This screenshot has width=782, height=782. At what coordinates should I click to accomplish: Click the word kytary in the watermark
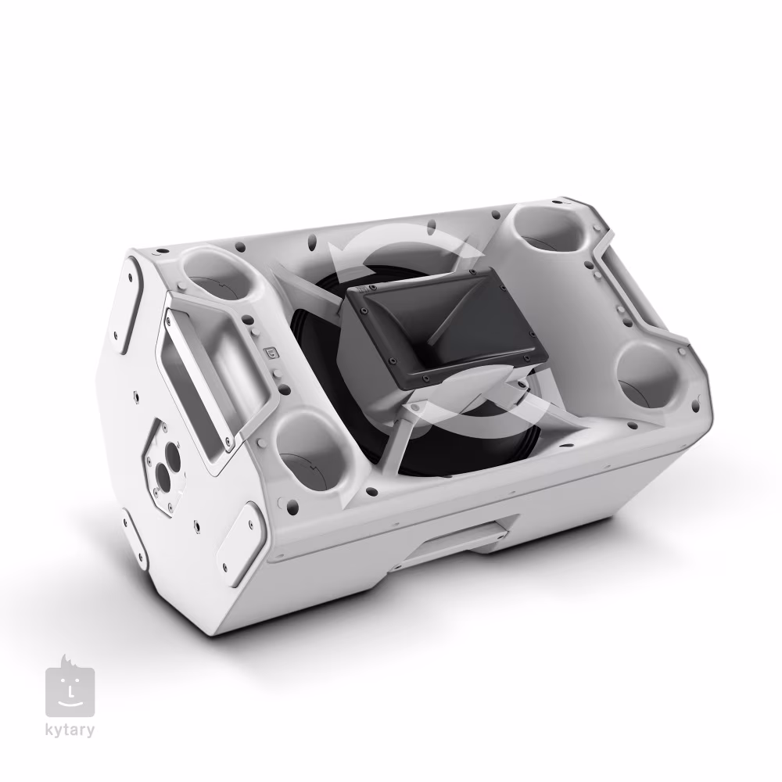70,730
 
